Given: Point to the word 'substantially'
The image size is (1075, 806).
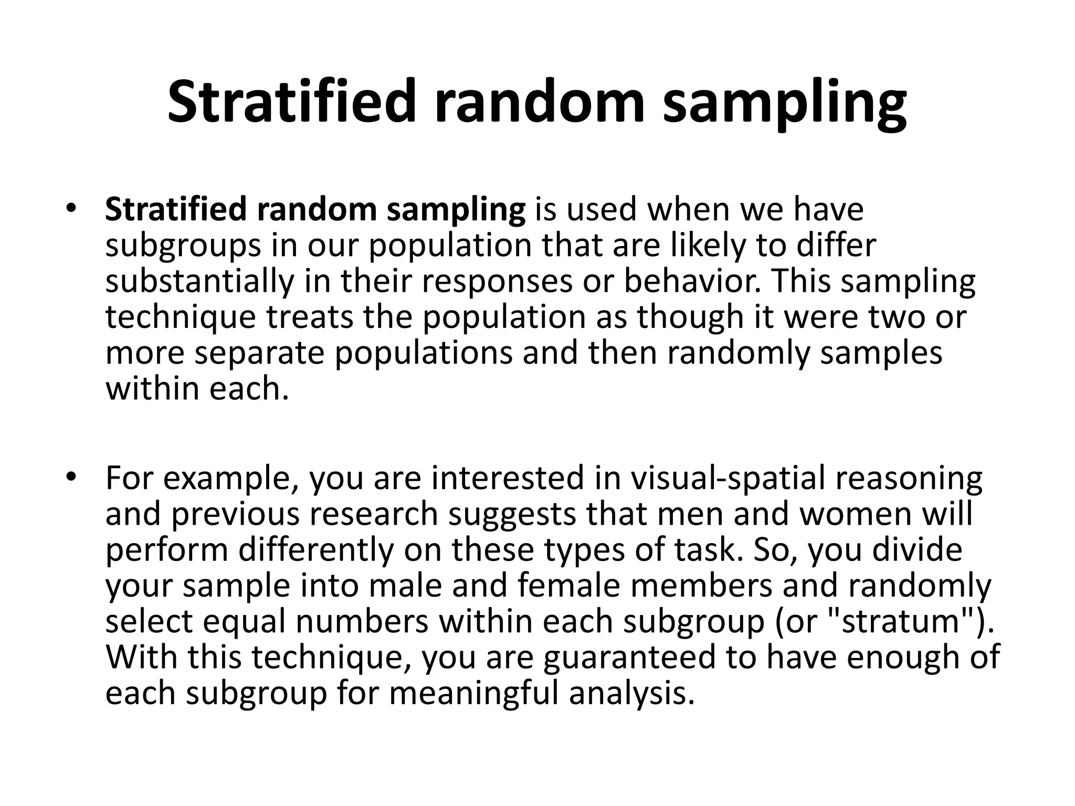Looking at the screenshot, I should coord(199,281).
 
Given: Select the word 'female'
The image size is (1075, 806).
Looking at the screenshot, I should coord(569,586).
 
